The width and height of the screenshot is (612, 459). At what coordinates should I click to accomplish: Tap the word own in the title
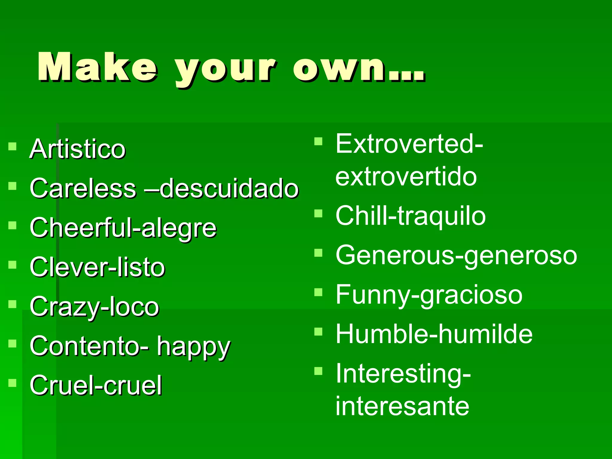pos(359,68)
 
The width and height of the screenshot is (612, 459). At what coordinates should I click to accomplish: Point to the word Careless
pos(83,188)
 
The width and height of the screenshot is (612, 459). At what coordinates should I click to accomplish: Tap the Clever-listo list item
pos(97,267)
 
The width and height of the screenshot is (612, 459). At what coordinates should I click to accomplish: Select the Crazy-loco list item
pos(94,307)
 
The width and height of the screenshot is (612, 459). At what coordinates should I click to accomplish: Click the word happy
pos(194,347)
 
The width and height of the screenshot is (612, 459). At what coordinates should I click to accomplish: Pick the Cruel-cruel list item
pos(96,385)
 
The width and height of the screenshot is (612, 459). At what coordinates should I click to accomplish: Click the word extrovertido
pos(406,177)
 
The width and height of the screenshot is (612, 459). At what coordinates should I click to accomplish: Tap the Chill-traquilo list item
pos(411,216)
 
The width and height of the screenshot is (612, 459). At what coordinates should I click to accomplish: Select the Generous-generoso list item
pos(456,256)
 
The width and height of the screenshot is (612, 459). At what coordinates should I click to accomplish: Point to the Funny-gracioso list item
pos(429,295)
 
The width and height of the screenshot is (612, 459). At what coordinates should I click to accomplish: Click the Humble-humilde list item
pos(434,334)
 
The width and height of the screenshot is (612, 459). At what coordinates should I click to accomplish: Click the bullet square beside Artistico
pos(12,146)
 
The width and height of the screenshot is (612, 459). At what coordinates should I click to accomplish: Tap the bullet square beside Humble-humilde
pos(319,332)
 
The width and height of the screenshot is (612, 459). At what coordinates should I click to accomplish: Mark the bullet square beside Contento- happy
pos(12,344)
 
